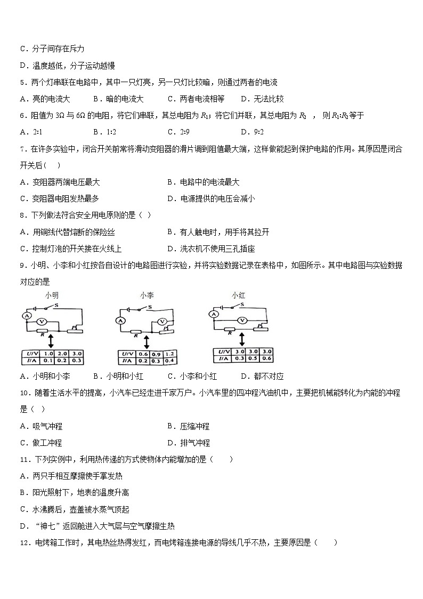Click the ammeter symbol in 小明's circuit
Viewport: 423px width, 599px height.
click(x=25, y=316)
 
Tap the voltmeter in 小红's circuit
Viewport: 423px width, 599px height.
click(x=243, y=320)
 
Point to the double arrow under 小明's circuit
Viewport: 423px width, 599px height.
click(x=50, y=340)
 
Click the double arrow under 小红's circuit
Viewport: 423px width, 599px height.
click(x=242, y=338)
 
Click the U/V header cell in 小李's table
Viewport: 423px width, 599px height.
click(x=128, y=354)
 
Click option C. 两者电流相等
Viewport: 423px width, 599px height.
click(x=196, y=99)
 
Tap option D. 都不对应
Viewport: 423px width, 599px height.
click(x=262, y=376)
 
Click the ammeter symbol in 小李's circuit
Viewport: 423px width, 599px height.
click(x=119, y=321)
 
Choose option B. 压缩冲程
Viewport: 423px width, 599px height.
click(x=188, y=426)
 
